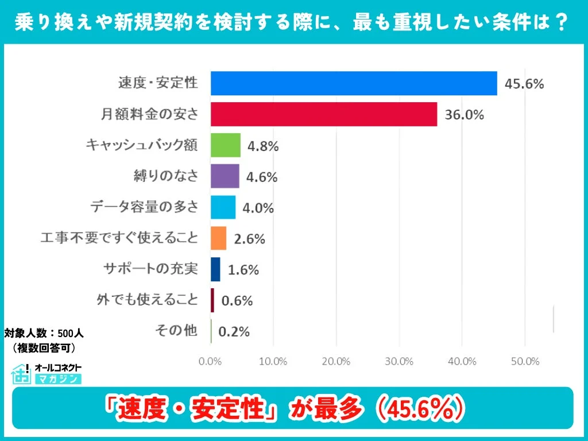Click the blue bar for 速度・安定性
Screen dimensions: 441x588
(x=353, y=83)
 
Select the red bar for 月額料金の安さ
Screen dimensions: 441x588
(x=323, y=114)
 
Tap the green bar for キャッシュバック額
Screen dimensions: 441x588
(x=225, y=145)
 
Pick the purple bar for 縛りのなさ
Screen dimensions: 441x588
(x=225, y=176)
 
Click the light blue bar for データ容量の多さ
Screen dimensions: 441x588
(x=223, y=207)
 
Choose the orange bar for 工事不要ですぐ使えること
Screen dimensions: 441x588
(x=218, y=238)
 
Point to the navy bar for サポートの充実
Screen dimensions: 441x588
(x=215, y=269)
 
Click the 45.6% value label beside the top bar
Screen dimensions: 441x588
(x=524, y=84)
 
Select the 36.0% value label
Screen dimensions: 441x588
(x=464, y=114)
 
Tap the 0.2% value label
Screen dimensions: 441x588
(x=234, y=331)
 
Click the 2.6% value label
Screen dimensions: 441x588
(x=250, y=239)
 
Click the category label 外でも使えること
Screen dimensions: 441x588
(x=148, y=300)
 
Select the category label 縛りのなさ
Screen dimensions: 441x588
(x=165, y=176)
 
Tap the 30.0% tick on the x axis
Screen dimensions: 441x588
(x=399, y=362)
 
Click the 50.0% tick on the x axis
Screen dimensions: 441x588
(x=525, y=362)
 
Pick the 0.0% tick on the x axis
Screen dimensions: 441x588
(x=210, y=362)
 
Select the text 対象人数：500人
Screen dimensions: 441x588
(x=44, y=333)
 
